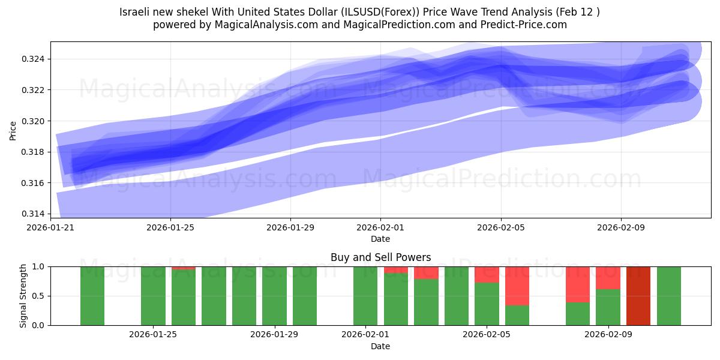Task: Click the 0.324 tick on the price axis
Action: (34, 59)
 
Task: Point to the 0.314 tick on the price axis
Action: (34, 214)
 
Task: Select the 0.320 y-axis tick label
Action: (34, 121)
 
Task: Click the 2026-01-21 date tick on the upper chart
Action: (50, 227)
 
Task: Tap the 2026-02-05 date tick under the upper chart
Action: (501, 227)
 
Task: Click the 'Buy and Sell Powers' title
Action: (380, 257)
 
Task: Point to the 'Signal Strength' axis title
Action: (23, 296)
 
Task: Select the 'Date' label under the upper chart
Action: (380, 239)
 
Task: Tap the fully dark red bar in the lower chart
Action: (638, 296)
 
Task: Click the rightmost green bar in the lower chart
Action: (668, 296)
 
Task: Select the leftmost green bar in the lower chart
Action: (92, 296)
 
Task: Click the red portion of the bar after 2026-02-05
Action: (517, 286)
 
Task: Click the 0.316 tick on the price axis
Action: (34, 183)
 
